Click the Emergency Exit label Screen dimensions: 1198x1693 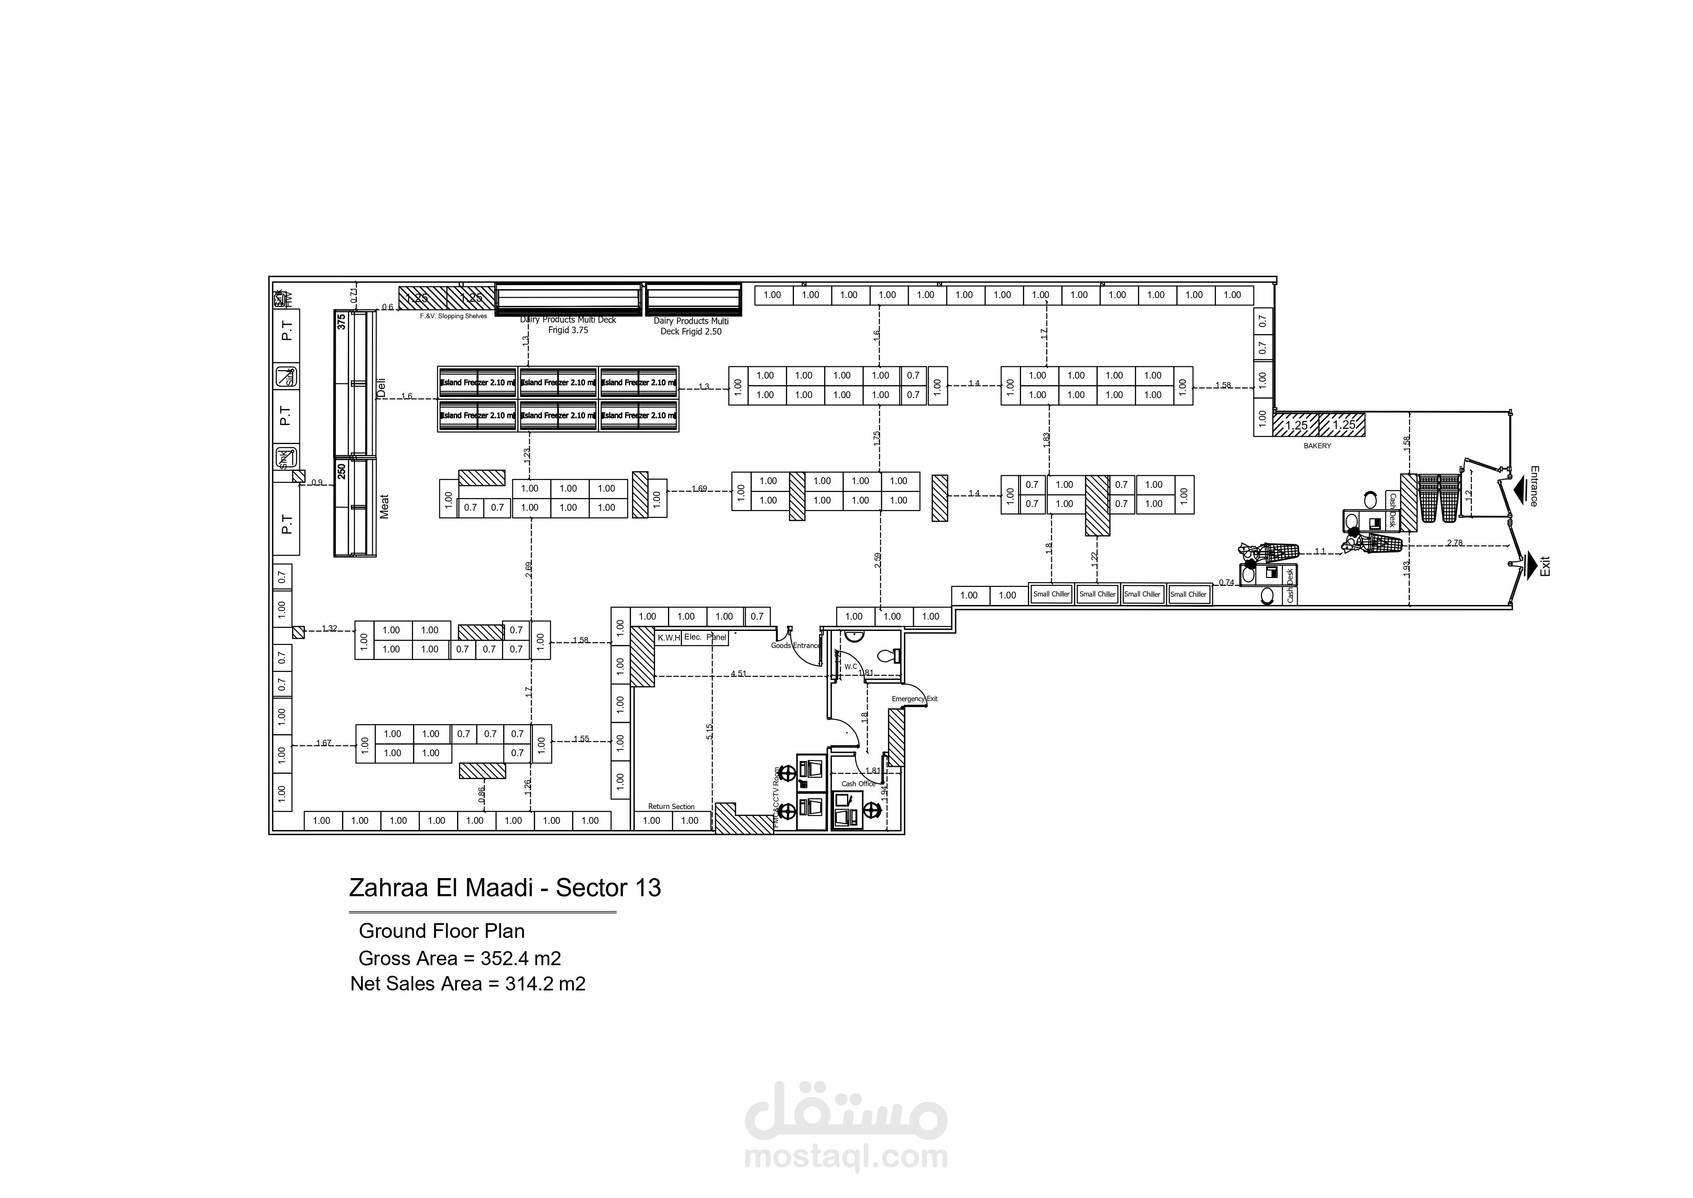[x=914, y=699]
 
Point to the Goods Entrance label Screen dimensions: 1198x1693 [x=795, y=646]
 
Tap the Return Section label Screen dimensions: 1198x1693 [x=671, y=806]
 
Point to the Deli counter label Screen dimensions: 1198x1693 [x=381, y=388]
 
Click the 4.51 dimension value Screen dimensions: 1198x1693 [x=738, y=674]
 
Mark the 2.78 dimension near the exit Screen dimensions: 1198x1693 [x=1454, y=543]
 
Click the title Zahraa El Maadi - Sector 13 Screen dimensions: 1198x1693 [x=504, y=887]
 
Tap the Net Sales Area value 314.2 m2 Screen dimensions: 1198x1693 [x=545, y=983]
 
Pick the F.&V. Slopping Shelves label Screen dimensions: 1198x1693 [x=454, y=316]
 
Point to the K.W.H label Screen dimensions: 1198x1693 [x=668, y=637]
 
